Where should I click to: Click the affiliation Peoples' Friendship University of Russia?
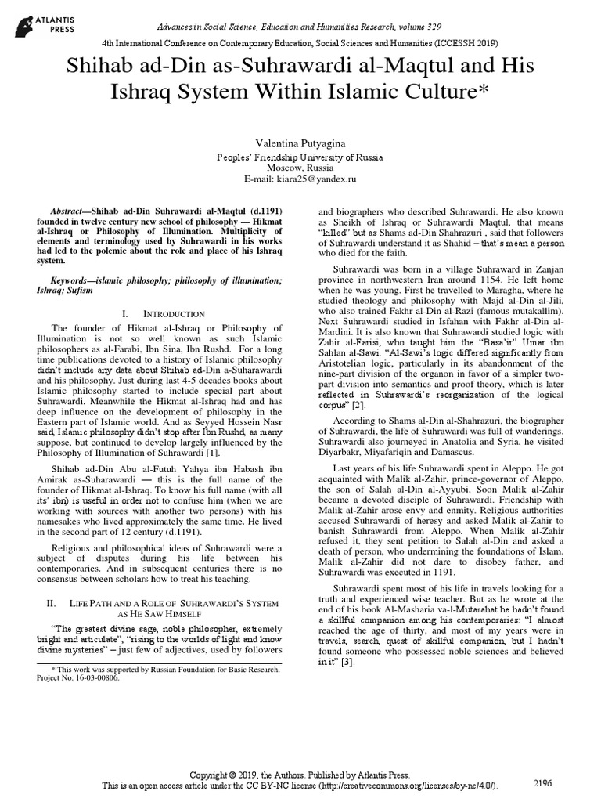300,157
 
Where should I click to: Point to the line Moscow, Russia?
300,168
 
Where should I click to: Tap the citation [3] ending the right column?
347,662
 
